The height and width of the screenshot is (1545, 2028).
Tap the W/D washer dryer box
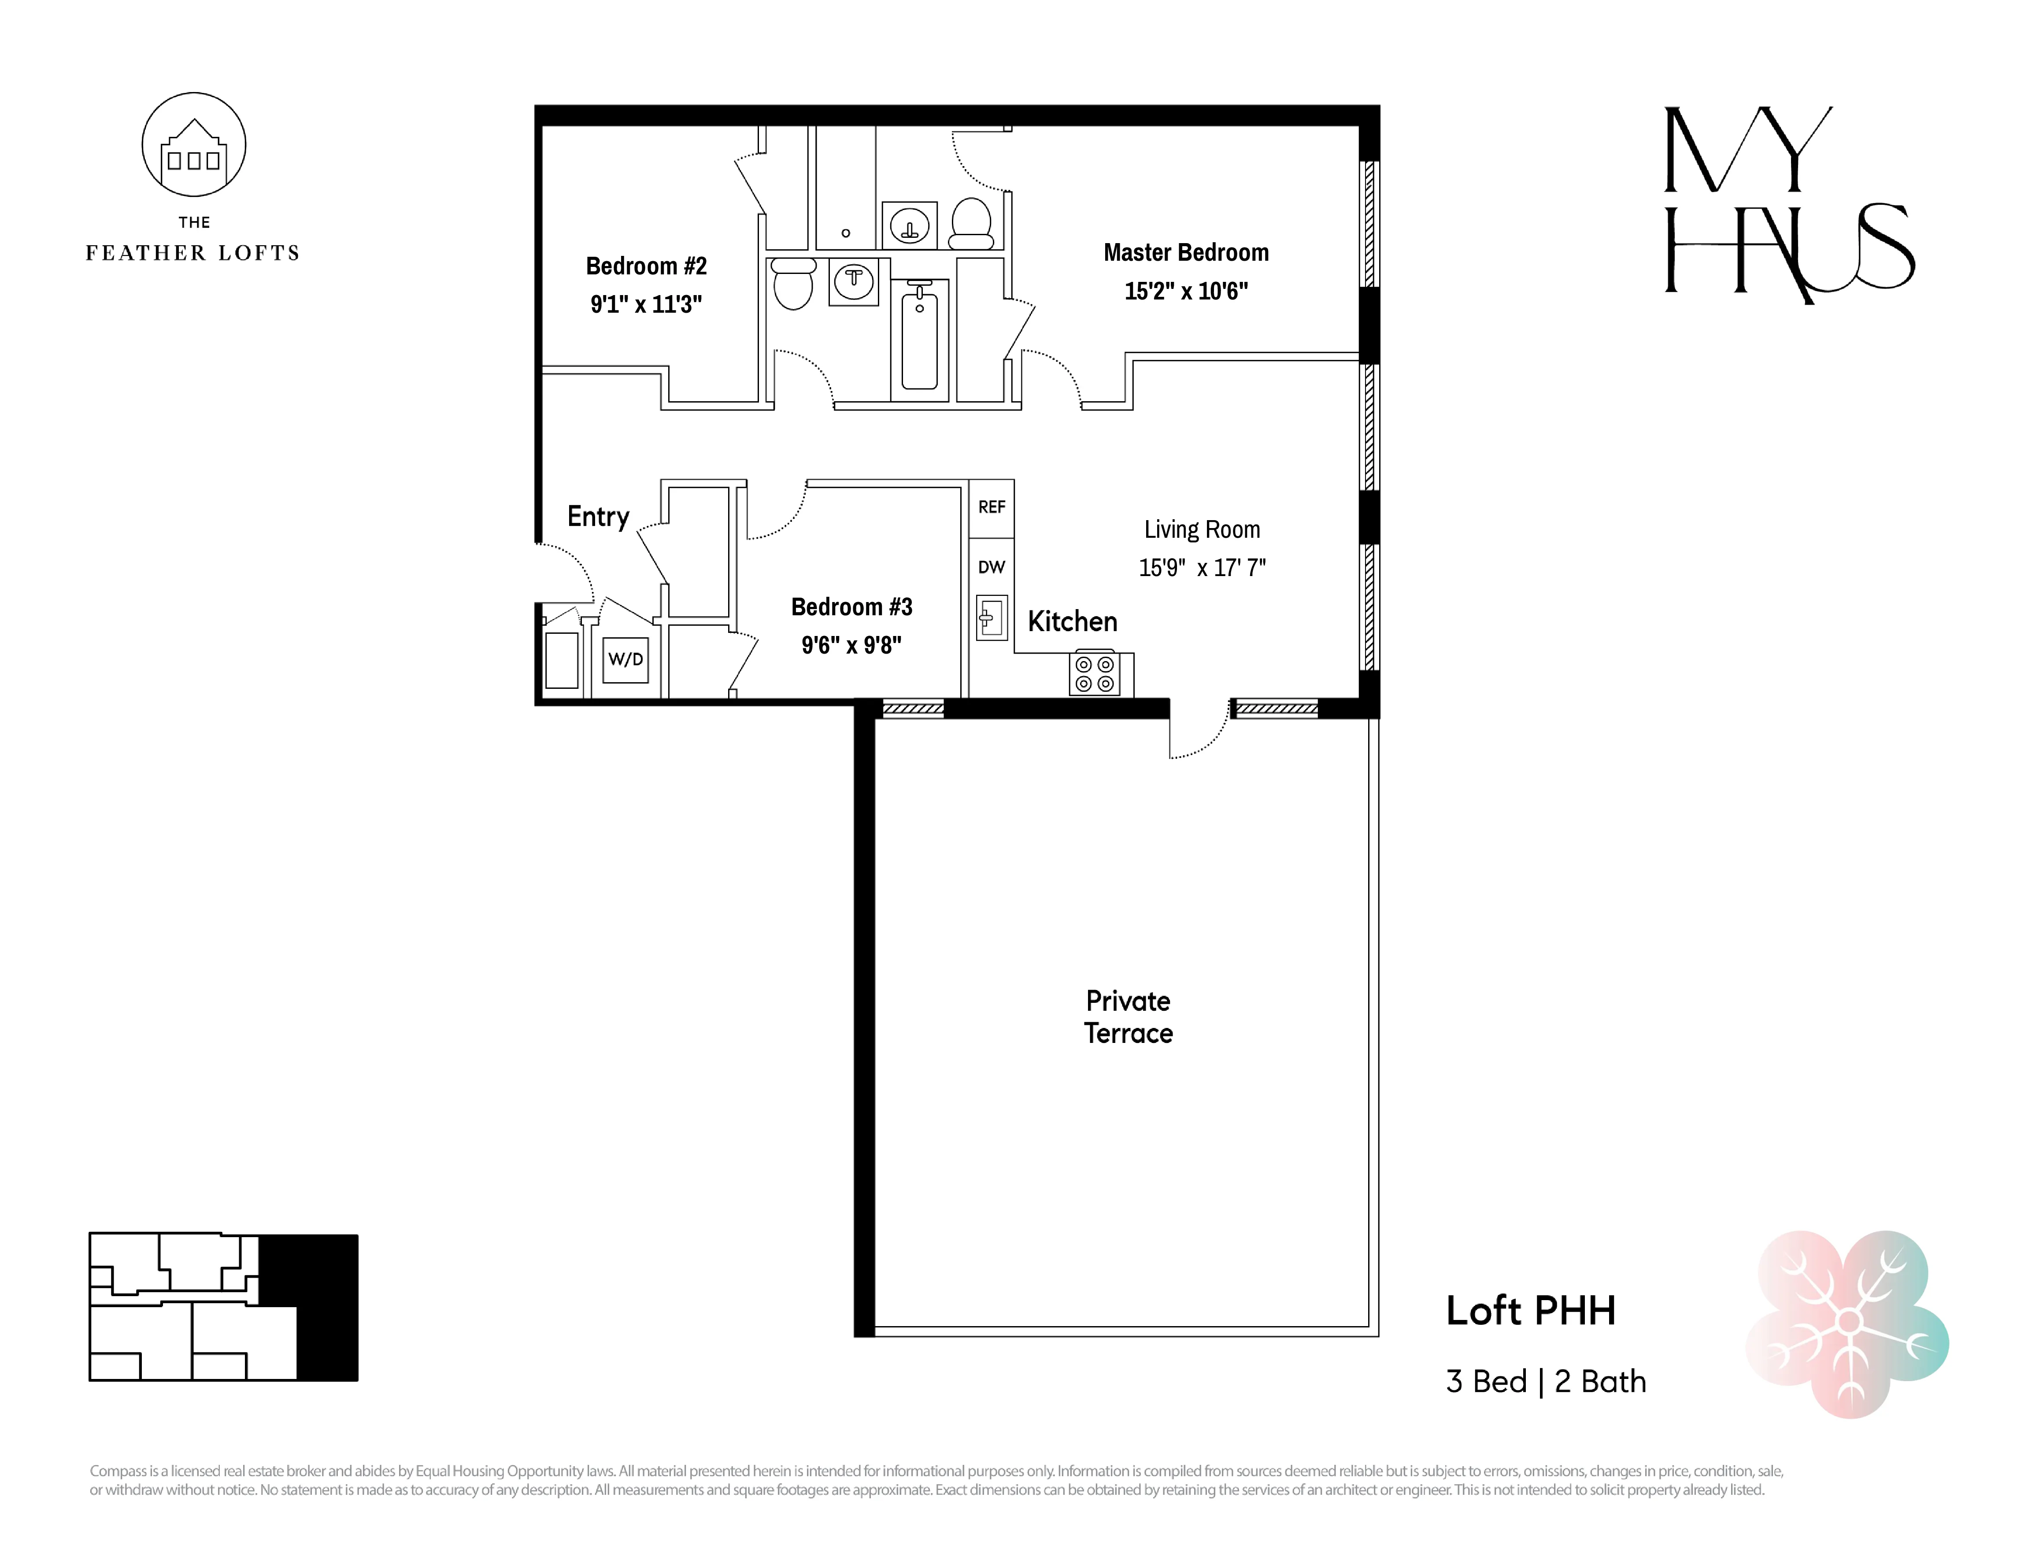click(x=625, y=659)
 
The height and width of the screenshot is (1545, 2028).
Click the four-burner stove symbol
click(x=1095, y=673)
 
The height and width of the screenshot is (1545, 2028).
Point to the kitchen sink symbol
click(x=991, y=618)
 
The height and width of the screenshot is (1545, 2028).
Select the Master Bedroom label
click(x=1185, y=253)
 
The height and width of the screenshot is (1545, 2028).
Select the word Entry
click(x=598, y=517)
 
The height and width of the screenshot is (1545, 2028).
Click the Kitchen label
click(x=1071, y=622)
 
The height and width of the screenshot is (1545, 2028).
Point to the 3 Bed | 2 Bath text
click(x=1545, y=1381)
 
